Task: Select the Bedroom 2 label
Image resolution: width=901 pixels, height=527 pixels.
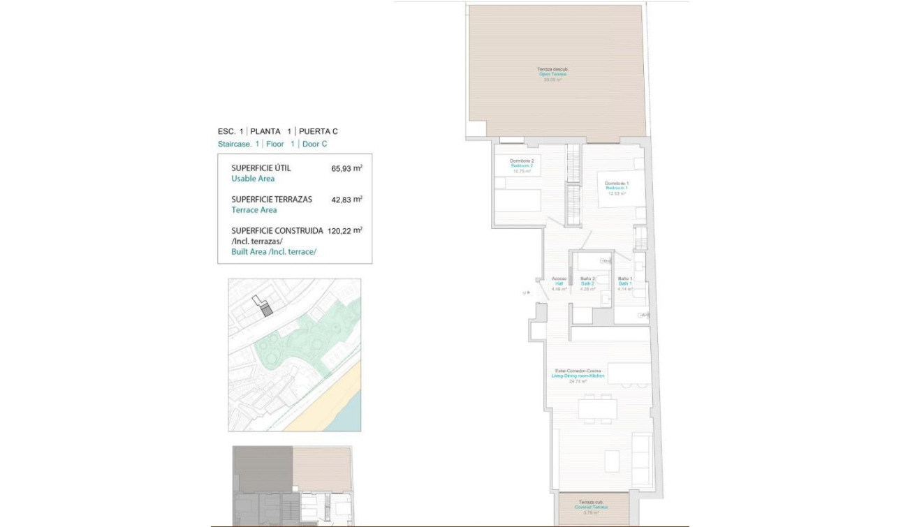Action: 522,166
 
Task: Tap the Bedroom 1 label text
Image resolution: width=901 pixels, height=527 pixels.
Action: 617,188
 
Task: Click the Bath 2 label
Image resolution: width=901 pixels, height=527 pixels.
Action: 587,283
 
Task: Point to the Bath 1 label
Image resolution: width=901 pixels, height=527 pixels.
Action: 624,283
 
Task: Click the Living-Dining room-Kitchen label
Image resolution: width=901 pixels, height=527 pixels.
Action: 578,376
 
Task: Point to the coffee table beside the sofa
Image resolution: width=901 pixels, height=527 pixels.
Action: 611,461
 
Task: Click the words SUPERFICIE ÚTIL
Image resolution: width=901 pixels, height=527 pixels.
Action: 261,168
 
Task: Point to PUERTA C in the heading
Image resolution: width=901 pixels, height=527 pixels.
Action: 319,131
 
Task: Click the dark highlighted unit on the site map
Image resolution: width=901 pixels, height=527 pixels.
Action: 265,310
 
